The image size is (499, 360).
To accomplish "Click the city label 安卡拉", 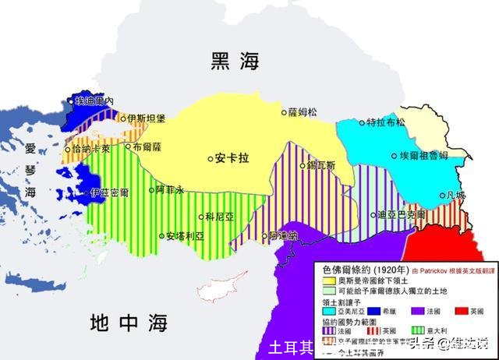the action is click(232, 158).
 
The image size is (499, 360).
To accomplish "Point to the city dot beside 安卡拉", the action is click(210, 158).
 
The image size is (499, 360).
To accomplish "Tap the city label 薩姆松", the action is click(303, 112).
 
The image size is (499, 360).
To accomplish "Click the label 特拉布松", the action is click(386, 122).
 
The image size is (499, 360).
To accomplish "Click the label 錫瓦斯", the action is click(320, 165).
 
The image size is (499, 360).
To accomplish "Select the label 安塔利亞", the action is click(186, 235).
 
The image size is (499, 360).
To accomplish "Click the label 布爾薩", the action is click(147, 146).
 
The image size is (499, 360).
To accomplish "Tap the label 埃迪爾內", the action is click(94, 101).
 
